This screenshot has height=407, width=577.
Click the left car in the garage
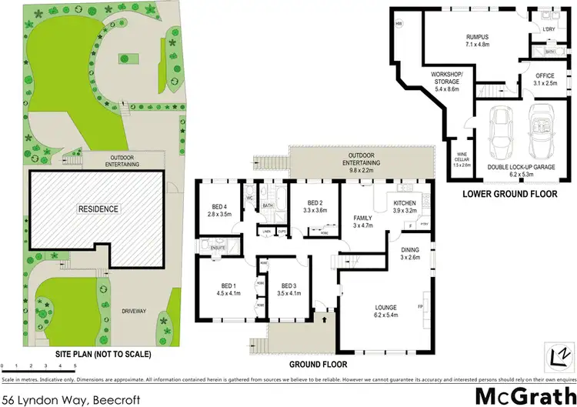504,133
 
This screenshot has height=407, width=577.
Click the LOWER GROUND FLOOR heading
509,194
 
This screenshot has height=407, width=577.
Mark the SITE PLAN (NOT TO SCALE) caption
103,355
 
